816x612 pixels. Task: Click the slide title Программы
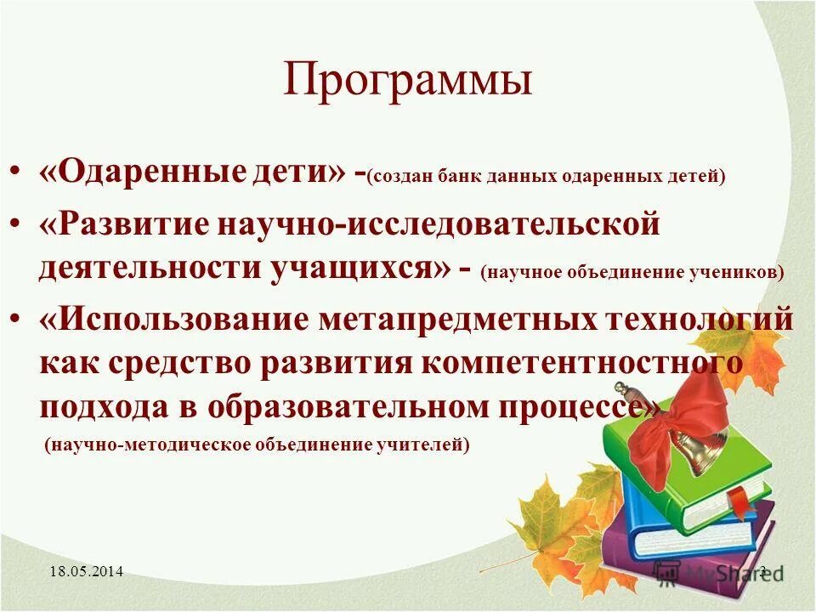point(408,82)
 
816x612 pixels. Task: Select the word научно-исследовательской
point(440,225)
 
